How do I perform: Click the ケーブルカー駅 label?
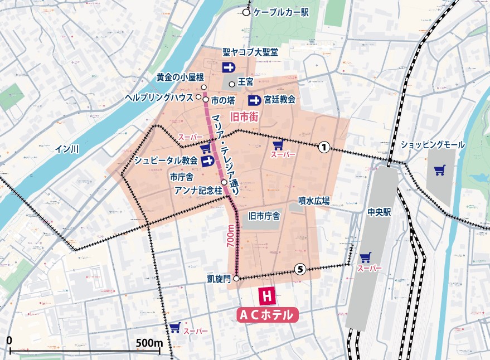tap(281, 12)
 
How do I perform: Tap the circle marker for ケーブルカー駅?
tap(246, 12)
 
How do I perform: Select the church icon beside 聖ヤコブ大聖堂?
tap(229, 67)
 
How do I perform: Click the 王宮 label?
tap(246, 82)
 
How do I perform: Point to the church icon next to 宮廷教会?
tap(255, 100)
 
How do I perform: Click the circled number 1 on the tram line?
tap(324, 147)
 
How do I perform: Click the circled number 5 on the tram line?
tap(300, 270)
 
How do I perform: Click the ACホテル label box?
tap(267, 315)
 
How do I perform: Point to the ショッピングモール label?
tap(433, 144)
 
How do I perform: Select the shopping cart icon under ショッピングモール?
tap(439, 169)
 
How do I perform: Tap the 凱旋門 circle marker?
tap(236, 278)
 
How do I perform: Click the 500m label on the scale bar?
tap(149, 341)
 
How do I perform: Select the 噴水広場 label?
tap(314, 200)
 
